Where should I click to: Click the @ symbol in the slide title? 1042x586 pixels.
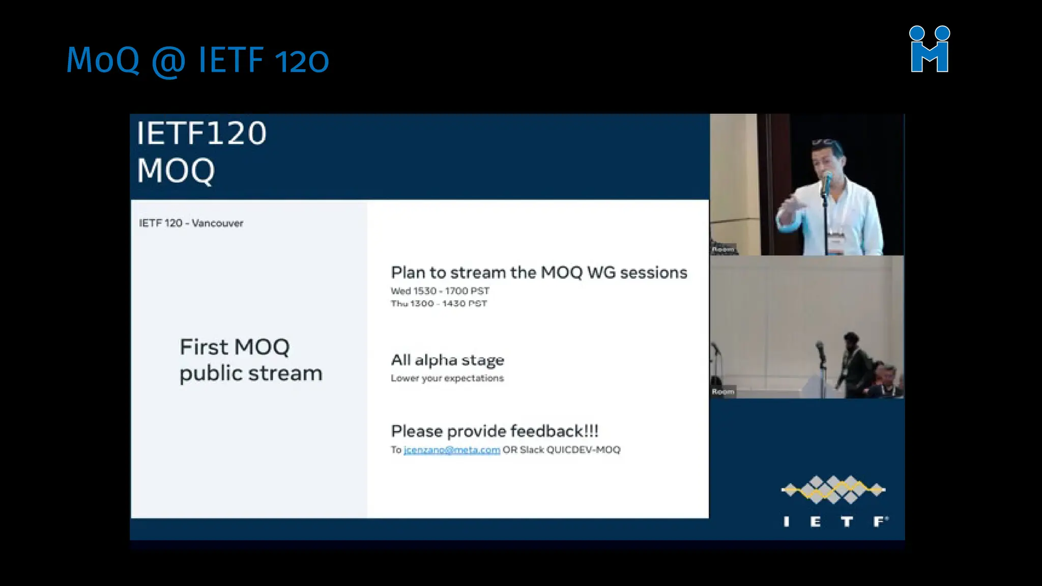point(168,61)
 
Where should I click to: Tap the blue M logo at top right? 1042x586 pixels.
point(930,50)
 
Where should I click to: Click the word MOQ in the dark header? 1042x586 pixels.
point(176,170)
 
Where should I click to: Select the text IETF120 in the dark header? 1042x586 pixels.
point(201,133)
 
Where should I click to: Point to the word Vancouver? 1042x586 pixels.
point(218,223)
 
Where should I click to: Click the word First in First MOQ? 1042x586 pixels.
point(204,347)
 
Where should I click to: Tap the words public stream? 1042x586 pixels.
point(251,374)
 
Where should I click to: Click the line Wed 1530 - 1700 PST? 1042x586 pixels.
point(440,291)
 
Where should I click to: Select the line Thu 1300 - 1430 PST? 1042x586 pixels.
point(439,304)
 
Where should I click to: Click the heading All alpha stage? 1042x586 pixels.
point(447,360)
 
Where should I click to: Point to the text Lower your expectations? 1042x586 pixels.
point(447,378)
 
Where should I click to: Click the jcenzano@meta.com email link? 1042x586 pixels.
point(451,450)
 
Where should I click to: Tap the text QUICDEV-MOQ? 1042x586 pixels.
point(583,450)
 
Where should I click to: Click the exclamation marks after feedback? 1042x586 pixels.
point(591,431)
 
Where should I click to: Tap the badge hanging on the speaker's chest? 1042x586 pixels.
point(835,243)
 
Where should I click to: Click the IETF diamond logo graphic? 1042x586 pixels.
point(833,490)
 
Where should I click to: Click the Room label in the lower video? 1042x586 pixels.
point(722,392)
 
